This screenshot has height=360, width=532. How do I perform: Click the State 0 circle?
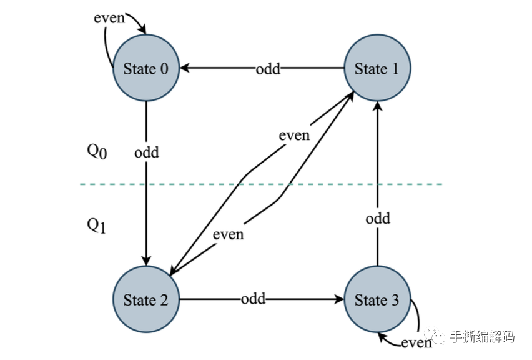coord(145,69)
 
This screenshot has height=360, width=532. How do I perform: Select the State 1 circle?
coord(377,69)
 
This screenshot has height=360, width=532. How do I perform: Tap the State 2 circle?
coord(145,299)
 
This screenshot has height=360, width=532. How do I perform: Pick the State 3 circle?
coord(377,299)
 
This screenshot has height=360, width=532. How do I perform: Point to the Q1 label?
coord(97,226)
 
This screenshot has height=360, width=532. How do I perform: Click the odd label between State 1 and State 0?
coord(268,68)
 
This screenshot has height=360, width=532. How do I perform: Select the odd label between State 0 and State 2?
coord(147,152)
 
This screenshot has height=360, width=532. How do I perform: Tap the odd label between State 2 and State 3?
coord(253,299)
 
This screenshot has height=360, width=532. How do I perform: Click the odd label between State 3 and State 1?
coord(378,219)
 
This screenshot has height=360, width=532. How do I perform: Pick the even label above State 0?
coord(109,17)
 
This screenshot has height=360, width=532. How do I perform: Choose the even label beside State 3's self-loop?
coord(416,342)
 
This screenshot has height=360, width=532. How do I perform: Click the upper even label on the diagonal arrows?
coord(294,134)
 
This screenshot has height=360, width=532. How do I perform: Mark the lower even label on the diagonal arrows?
coord(228,235)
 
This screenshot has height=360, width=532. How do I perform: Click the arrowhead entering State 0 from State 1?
coord(185,68)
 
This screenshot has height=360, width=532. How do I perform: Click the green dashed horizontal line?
coord(262,184)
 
